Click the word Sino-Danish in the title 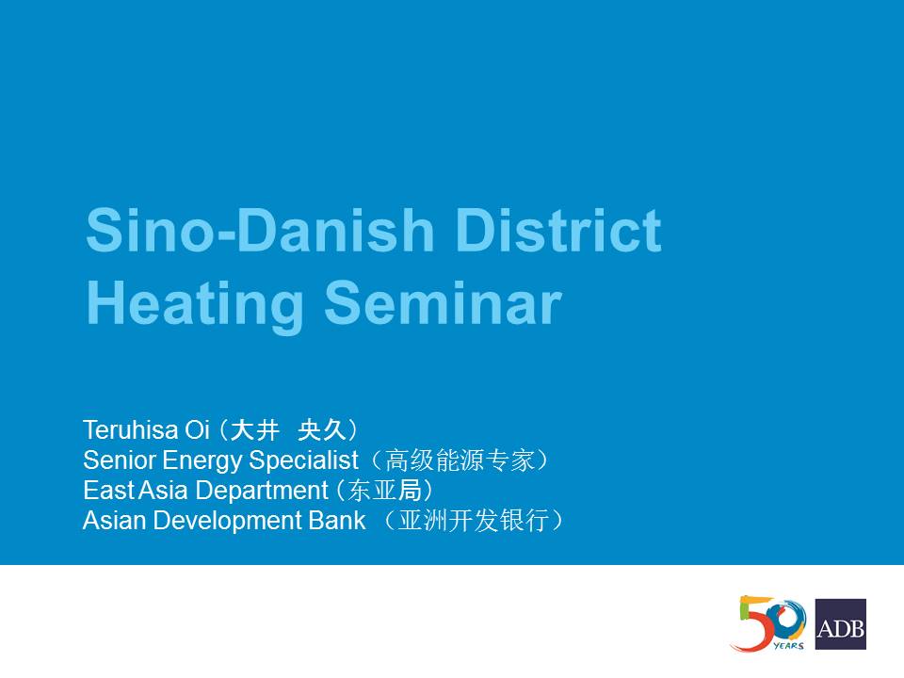260,230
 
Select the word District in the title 558,230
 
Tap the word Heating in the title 194,305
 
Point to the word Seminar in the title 443,303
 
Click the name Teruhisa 130,429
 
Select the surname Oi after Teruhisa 197,429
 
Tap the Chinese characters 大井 254,430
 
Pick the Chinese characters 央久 323,430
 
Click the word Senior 120,460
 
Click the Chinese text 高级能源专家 460,460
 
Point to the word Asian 114,520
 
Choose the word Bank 337,520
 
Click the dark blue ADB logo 841,623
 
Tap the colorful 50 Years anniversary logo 768,623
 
